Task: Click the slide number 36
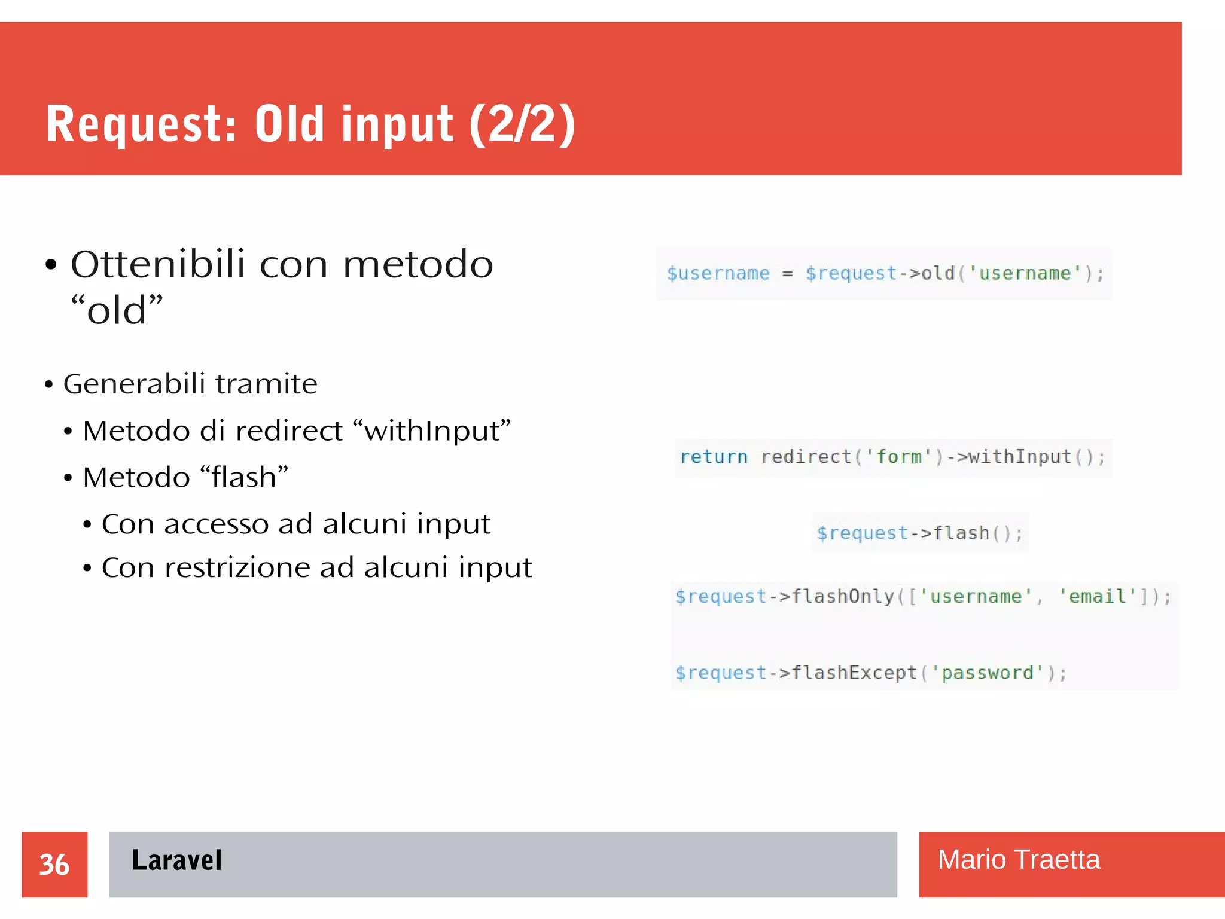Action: [x=54, y=865]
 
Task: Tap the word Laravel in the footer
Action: [x=176, y=860]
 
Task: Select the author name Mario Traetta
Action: [x=1018, y=860]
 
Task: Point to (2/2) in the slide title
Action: [x=522, y=124]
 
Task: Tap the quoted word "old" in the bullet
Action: [x=117, y=310]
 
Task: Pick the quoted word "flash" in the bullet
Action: [x=244, y=477]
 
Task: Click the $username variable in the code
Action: [x=718, y=273]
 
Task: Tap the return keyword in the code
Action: [x=714, y=457]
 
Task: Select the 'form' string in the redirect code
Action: [x=899, y=457]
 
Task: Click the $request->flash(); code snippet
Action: [x=920, y=533]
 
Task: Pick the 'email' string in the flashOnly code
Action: [x=1098, y=596]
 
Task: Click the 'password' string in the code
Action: [x=988, y=673]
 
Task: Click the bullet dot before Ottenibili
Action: [x=51, y=265]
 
